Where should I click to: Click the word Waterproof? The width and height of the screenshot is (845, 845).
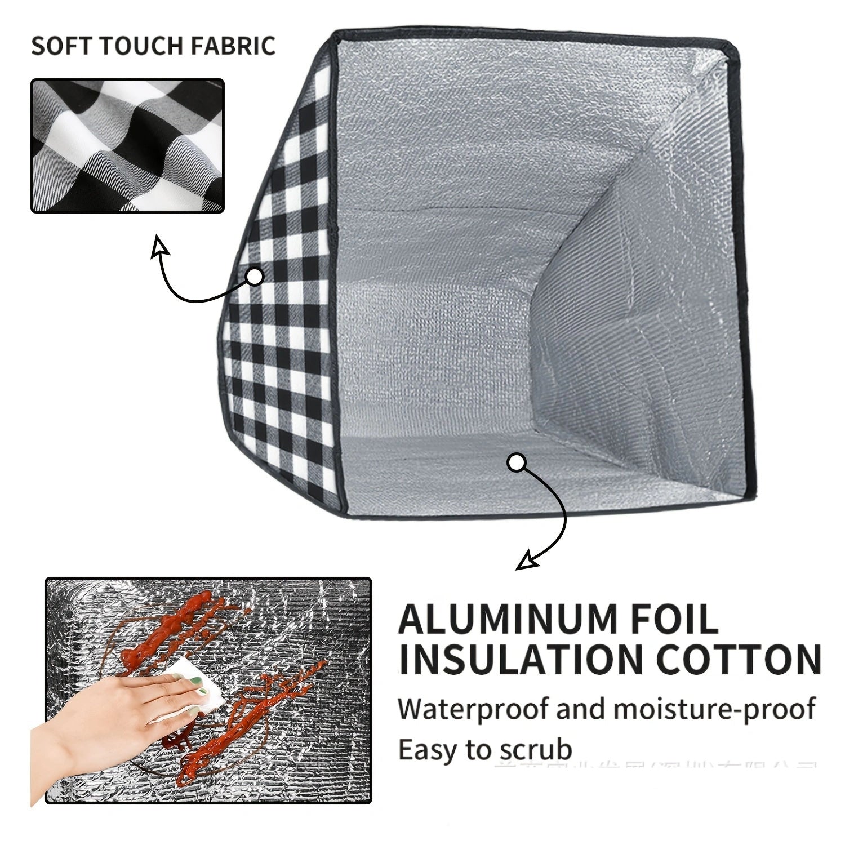[x=473, y=709]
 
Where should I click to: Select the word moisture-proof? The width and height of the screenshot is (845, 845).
[x=714, y=709]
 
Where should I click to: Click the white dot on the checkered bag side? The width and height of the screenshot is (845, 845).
[x=255, y=277]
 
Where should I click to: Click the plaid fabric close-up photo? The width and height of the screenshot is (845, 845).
[x=127, y=145]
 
